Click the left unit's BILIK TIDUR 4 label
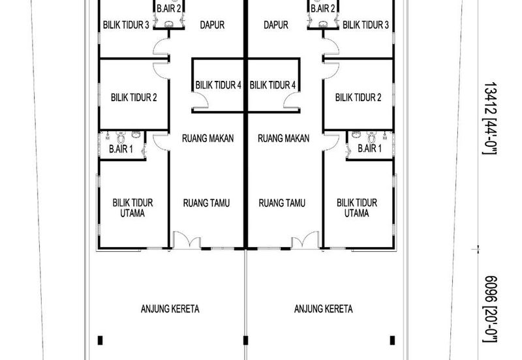click(218, 85)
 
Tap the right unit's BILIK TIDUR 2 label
click(358, 97)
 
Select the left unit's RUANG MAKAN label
click(207, 138)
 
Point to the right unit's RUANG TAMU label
click(282, 203)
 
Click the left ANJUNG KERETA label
click(170, 308)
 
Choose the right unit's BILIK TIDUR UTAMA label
click(356, 208)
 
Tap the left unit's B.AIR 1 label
click(121, 149)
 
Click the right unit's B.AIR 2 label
click(322, 8)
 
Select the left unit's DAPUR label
click(212, 25)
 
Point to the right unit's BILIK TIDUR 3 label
click(365, 25)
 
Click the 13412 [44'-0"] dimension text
click(490, 118)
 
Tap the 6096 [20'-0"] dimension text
click(490, 309)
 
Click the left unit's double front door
click(187, 240)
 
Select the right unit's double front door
click(305, 240)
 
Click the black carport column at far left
click(100, 340)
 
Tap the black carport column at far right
click(392, 340)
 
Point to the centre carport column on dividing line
click(246, 340)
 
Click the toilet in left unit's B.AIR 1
click(121, 138)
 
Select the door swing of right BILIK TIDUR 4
click(291, 100)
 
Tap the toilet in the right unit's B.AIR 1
click(371, 138)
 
